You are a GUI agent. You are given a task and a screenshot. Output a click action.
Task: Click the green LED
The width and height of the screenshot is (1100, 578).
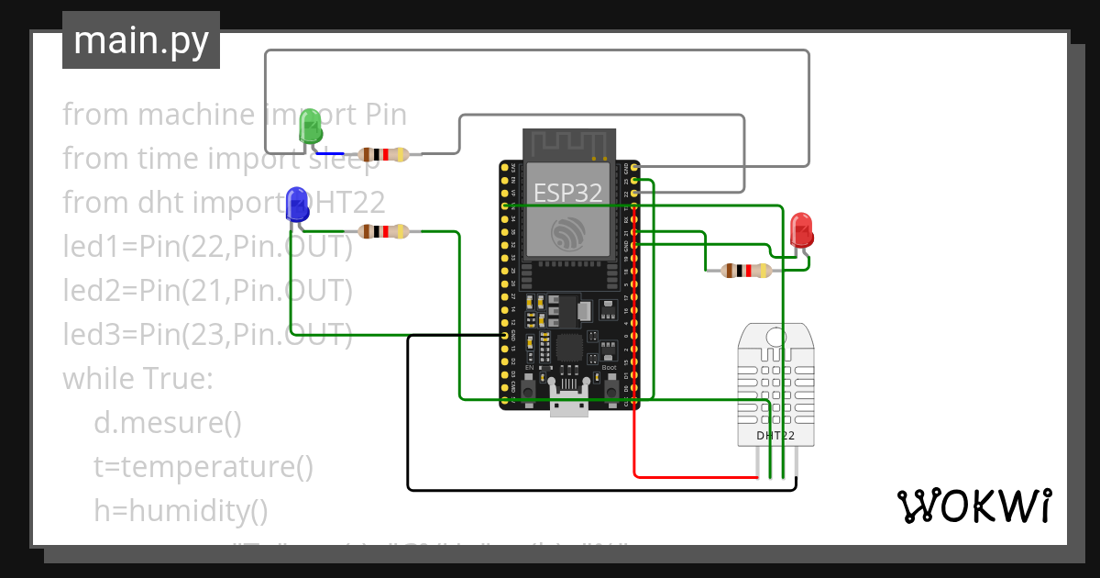(x=311, y=126)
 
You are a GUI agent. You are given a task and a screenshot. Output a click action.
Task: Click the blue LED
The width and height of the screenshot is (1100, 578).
(x=296, y=203)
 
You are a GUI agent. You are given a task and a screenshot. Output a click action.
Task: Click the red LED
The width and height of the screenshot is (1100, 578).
(x=801, y=229)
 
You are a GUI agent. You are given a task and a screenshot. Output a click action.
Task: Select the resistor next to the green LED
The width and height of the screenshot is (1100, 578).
(x=383, y=154)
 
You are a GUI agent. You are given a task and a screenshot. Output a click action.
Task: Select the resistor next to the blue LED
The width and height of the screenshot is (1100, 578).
(x=383, y=232)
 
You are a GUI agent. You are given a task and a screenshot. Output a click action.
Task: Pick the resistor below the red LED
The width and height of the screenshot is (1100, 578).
(x=746, y=271)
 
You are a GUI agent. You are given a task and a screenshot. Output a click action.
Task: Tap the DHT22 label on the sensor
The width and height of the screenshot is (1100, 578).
(x=776, y=436)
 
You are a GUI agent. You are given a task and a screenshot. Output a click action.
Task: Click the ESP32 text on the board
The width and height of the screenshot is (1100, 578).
(x=568, y=193)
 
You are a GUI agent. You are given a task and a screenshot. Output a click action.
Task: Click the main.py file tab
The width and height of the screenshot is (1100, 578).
(x=141, y=40)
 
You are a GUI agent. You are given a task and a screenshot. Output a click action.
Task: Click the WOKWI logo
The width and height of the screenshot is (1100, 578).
(x=973, y=506)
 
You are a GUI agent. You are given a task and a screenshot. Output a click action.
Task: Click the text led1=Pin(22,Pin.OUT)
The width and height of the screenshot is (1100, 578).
(x=207, y=247)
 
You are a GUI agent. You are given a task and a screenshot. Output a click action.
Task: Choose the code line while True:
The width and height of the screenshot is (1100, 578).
(x=137, y=379)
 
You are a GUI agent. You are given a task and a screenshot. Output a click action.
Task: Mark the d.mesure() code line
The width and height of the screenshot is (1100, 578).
(x=168, y=423)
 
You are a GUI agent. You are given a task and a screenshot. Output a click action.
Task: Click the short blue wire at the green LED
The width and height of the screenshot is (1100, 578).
(x=330, y=153)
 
